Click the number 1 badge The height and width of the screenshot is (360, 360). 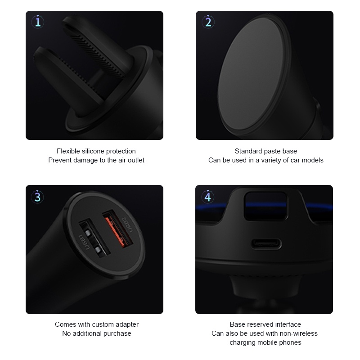tap(38, 22)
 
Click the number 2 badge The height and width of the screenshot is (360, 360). tap(208, 22)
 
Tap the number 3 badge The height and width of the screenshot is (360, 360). tap(37, 197)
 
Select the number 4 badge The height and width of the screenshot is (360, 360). tap(207, 197)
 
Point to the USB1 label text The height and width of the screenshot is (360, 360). tap(84, 242)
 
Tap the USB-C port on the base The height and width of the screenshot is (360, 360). tap(266, 244)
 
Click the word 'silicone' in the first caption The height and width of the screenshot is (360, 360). tap(93, 151)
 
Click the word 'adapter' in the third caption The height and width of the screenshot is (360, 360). tap(127, 324)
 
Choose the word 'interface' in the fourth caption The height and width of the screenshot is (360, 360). tap(288, 324)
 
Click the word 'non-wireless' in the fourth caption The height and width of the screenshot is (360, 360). tap(300, 333)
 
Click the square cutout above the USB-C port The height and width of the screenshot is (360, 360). tap(265, 206)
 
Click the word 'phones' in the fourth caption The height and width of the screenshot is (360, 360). tap(291, 342)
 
